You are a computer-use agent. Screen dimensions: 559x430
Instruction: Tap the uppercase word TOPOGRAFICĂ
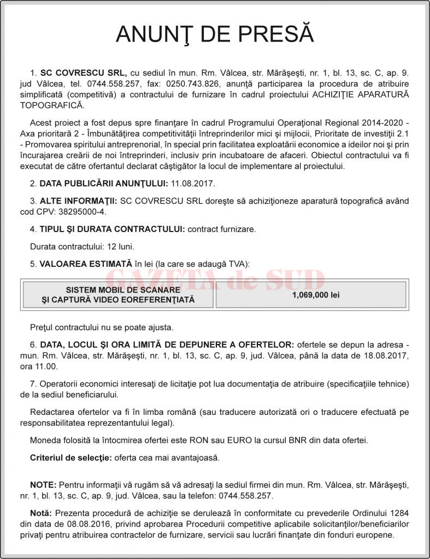(52, 104)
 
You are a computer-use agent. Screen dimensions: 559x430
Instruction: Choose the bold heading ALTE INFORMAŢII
(78, 201)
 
